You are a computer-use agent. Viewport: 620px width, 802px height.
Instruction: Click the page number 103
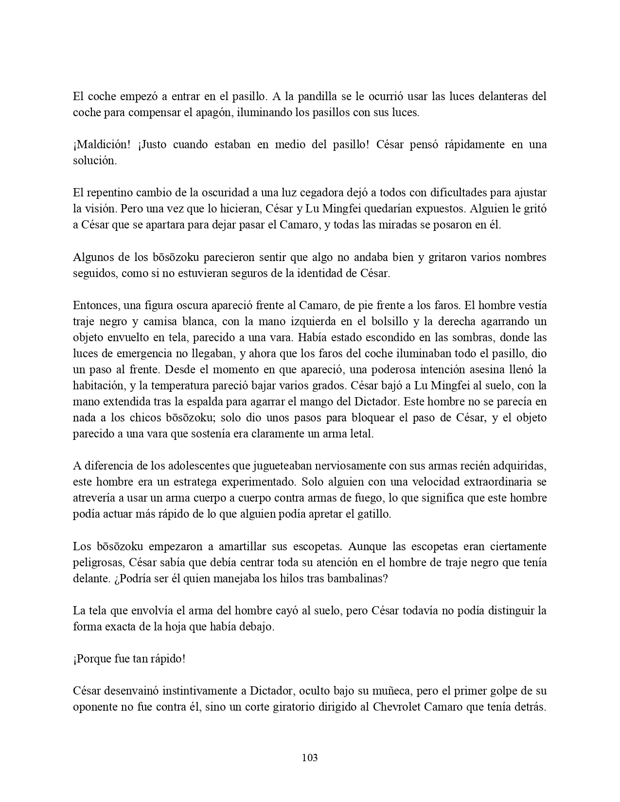[x=310, y=757]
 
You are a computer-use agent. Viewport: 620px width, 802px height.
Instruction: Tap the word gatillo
[x=373, y=514]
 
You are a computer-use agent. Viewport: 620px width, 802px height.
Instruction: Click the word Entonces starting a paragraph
[x=95, y=305]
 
